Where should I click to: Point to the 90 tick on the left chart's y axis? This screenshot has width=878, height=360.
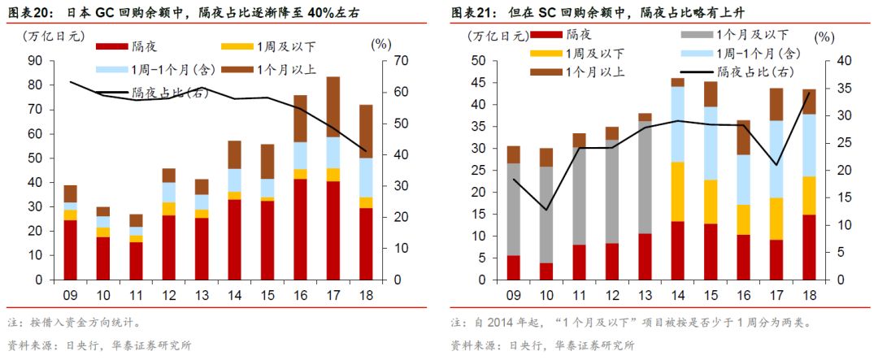coord(35,61)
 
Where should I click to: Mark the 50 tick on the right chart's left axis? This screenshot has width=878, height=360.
coord(479,61)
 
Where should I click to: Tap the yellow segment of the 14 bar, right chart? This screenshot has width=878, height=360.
coord(677,192)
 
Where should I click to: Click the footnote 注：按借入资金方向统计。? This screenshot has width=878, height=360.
coord(75,323)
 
